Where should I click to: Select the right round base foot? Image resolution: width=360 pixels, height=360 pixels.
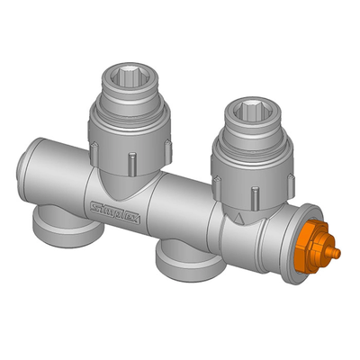pyautogui.click(x=185, y=261)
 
